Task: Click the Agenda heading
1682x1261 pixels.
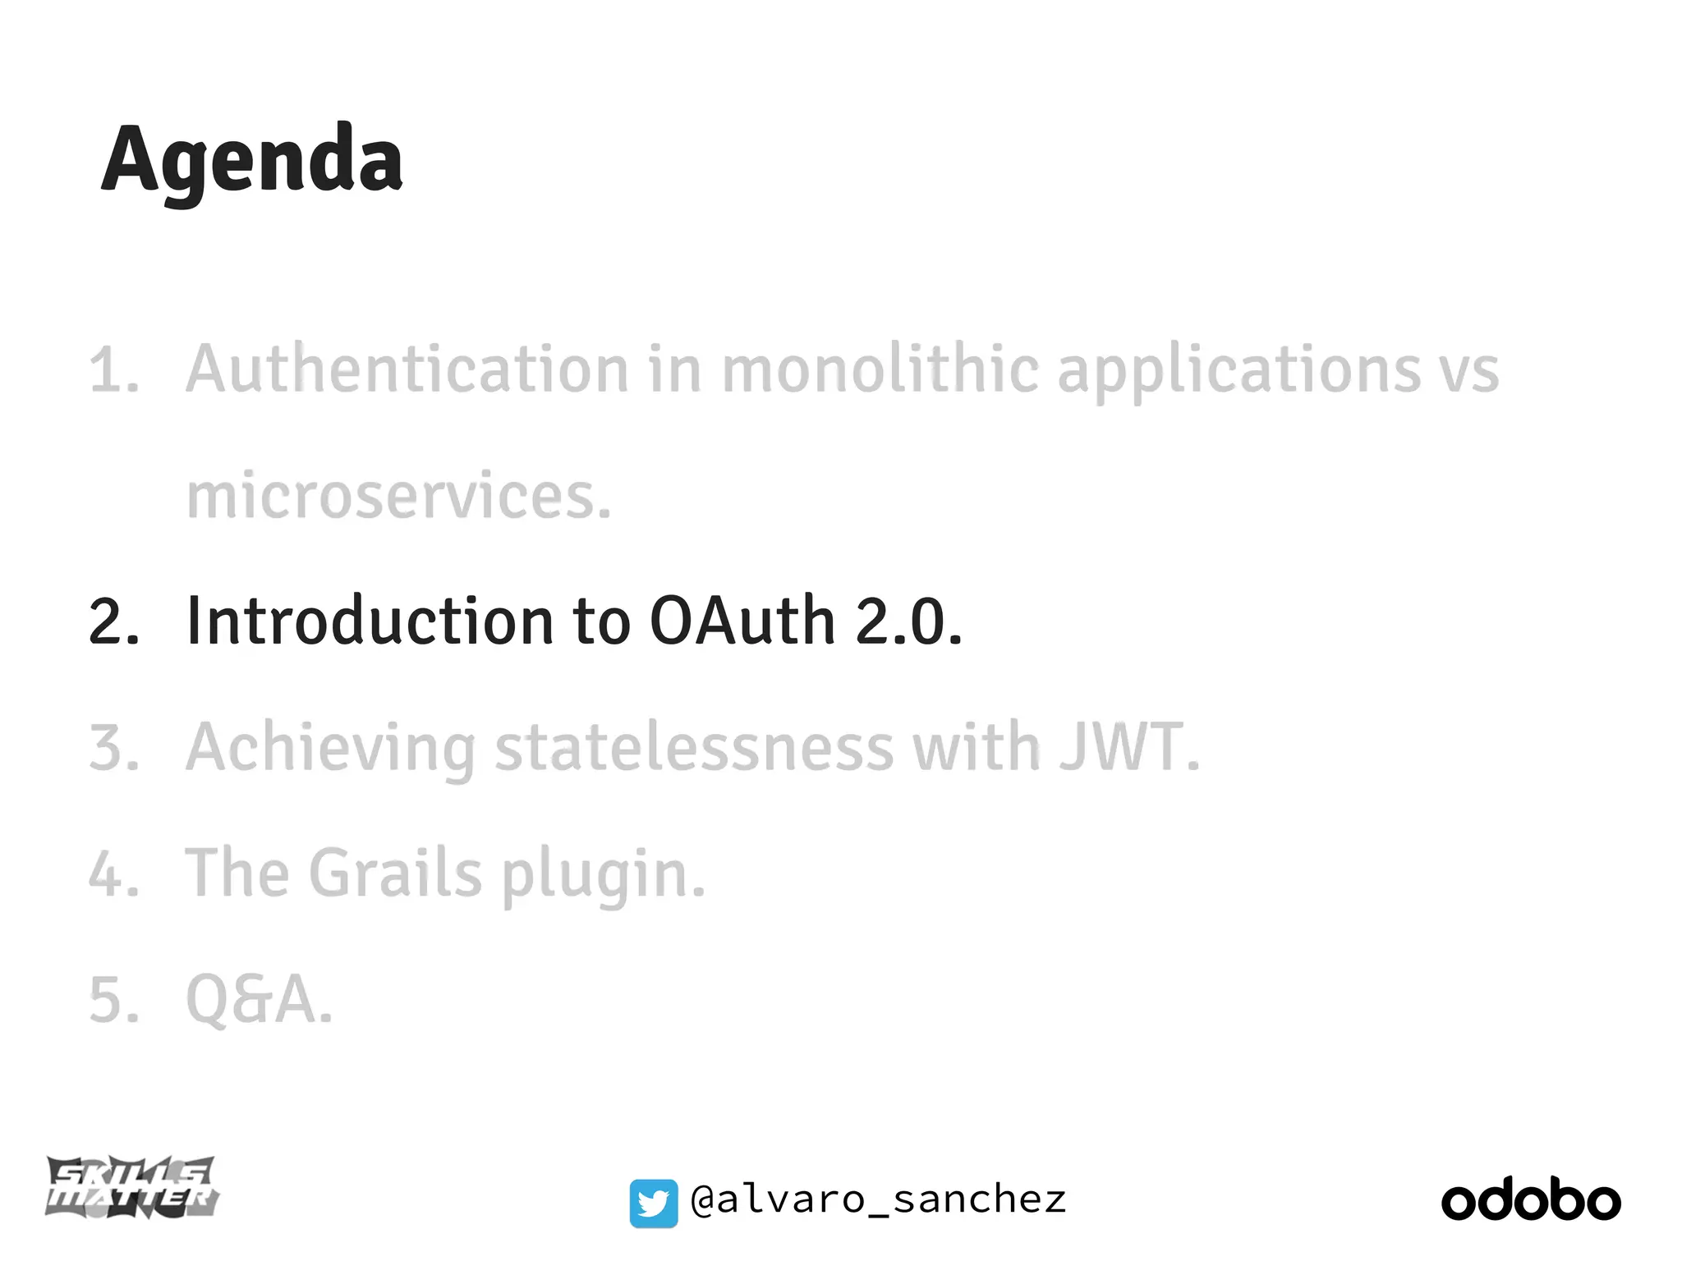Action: coord(252,159)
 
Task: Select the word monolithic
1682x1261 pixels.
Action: coord(880,369)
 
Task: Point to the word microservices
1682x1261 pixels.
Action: coord(399,496)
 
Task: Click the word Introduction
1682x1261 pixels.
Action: coord(370,621)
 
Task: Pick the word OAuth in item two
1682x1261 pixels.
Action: coord(742,621)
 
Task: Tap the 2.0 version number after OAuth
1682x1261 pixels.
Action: coord(908,621)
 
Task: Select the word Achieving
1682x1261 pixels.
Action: coord(330,749)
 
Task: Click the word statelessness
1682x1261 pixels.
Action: coord(694,747)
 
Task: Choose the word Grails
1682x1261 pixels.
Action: coord(395,874)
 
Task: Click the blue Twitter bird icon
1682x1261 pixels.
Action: coord(654,1204)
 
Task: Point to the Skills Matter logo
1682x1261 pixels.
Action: coord(132,1187)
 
